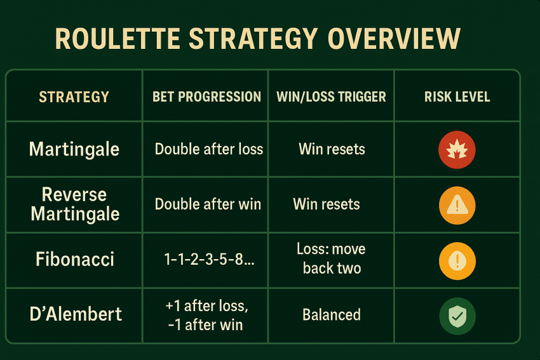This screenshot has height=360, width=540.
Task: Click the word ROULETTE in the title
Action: pos(118,39)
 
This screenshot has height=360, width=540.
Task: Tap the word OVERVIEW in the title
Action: pos(394,39)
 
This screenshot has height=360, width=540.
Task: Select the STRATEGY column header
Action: pos(74,97)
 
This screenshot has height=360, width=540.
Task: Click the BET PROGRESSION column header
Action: pos(206,97)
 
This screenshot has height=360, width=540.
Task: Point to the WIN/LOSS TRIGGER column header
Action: pos(331,97)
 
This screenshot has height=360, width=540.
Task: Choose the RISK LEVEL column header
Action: pos(457,97)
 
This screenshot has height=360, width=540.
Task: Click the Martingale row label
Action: pos(74,149)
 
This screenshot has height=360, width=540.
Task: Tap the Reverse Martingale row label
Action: pos(75,204)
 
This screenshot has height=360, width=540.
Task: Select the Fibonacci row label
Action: pos(75,259)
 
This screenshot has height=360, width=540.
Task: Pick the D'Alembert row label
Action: pos(76,314)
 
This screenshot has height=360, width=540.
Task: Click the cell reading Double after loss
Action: pos(209,149)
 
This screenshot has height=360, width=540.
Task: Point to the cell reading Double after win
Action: pos(208,204)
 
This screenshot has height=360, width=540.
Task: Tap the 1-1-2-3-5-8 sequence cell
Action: pos(209,259)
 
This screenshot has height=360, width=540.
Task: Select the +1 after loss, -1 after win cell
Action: pos(206,315)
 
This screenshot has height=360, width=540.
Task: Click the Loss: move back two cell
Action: pos(331,258)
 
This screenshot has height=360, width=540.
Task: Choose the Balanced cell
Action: pos(331,314)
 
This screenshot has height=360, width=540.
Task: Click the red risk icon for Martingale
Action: pos(457,150)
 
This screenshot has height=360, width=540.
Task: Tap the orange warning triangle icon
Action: pos(457,206)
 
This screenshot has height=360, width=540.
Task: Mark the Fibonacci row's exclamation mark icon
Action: pos(457,261)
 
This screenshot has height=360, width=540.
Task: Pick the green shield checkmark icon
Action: pos(457,316)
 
